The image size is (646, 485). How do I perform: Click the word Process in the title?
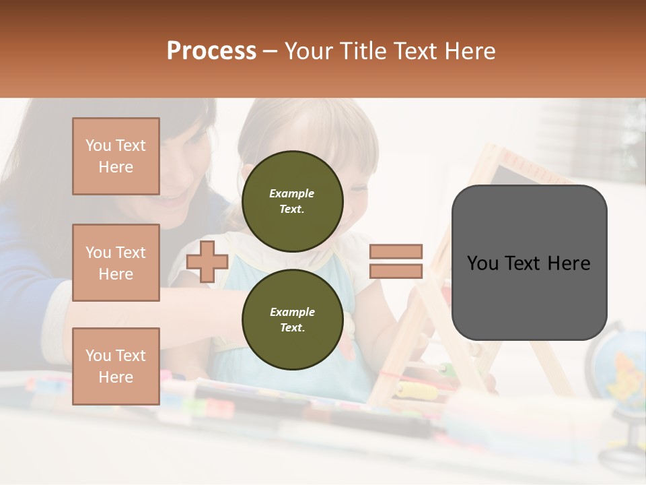pos(211,51)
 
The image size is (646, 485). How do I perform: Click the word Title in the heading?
pos(363,51)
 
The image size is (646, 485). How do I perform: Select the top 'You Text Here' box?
pos(116,156)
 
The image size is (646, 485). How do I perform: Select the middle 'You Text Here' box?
pos(116,263)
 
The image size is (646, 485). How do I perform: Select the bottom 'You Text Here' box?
pos(116,366)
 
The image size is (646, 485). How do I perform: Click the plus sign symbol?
pos(207,261)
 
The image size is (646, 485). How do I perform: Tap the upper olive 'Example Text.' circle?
pos(292,201)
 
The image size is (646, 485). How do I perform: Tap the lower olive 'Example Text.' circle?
pos(292,319)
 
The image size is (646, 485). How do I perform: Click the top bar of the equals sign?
pos(396,252)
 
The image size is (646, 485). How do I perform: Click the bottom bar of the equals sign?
pos(396,271)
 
